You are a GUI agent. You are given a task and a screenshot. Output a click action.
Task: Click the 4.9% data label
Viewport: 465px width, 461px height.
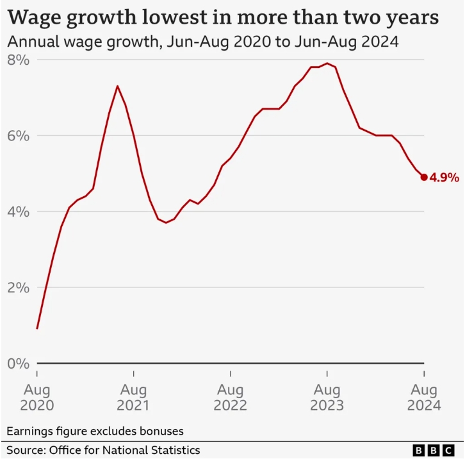(x=445, y=178)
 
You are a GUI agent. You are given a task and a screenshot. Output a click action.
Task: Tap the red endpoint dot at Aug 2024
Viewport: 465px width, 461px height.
(x=424, y=177)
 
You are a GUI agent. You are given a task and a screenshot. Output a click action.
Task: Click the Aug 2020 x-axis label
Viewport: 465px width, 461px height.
(x=37, y=398)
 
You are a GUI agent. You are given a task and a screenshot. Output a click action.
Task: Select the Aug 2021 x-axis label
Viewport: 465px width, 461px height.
(x=134, y=398)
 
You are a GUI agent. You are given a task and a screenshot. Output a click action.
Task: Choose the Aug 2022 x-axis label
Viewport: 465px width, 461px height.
(x=231, y=398)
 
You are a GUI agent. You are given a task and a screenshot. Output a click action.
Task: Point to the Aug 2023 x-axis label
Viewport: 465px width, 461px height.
(x=327, y=398)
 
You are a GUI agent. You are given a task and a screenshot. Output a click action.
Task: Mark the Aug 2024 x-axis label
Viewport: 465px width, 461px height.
(x=423, y=398)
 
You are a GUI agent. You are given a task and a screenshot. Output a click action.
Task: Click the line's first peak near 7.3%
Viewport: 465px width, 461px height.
(x=117, y=86)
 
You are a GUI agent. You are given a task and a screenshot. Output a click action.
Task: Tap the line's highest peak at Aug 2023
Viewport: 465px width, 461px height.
(x=327, y=63)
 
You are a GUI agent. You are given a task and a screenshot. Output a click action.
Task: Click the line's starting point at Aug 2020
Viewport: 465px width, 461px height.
(x=37, y=328)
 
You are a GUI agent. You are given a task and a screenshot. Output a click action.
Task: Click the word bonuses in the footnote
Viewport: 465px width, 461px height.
(x=161, y=430)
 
